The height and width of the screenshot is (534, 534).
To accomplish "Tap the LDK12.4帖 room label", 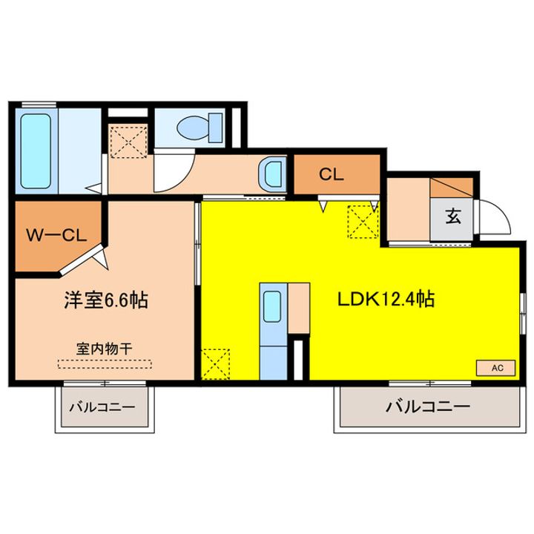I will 386,300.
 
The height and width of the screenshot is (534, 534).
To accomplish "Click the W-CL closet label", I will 57,237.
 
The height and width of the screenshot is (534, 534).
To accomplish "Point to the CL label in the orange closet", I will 331,175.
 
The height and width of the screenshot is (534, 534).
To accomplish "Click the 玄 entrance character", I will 452,217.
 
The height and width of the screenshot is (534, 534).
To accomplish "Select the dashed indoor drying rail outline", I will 104,363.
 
